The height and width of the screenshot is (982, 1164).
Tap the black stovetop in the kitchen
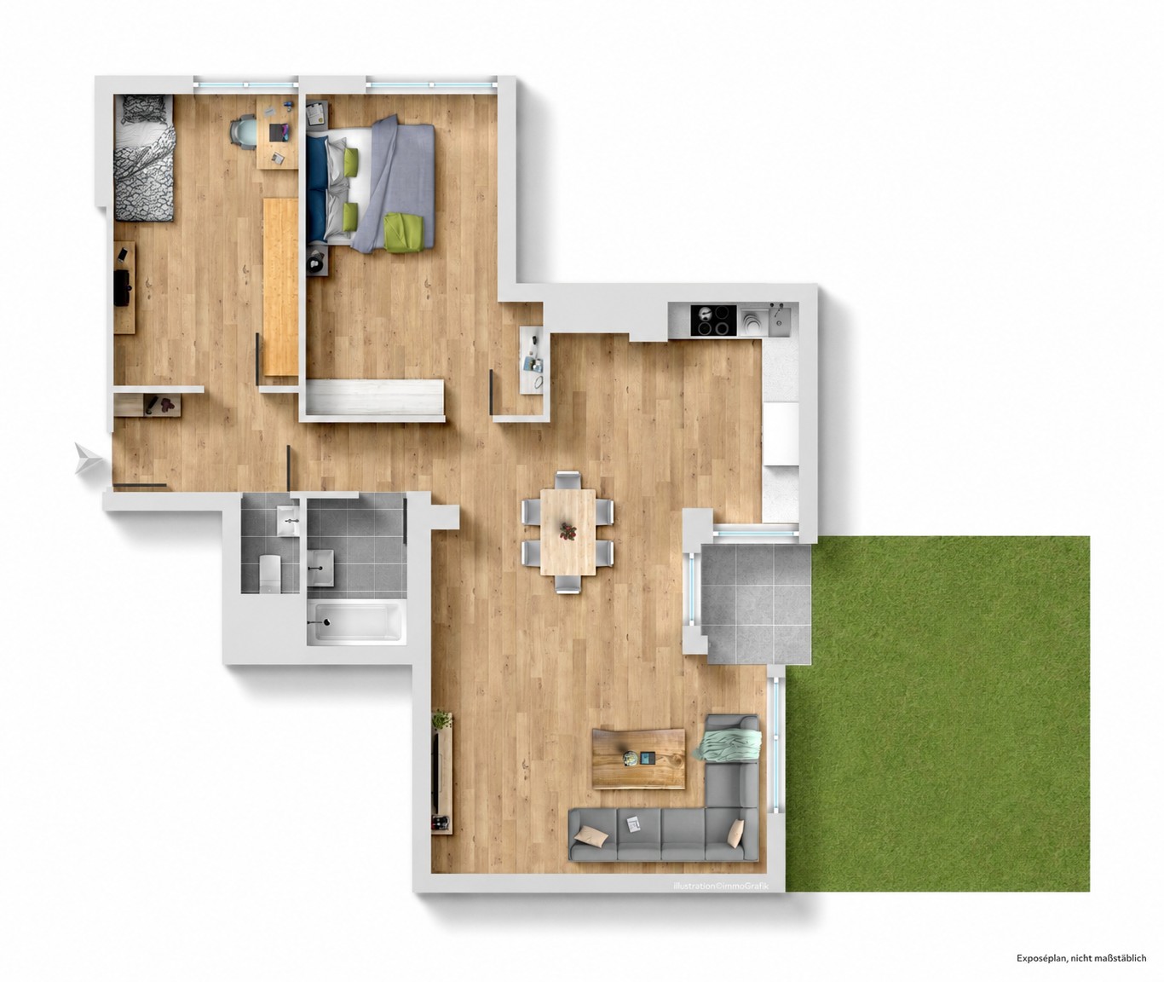713,321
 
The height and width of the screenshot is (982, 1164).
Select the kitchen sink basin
778,321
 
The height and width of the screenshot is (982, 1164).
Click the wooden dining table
568,531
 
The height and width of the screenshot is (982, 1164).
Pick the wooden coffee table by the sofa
639,759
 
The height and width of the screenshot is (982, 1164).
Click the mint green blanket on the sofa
729,744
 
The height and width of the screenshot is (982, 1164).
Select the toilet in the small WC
271,573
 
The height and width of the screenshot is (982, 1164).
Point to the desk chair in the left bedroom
245,132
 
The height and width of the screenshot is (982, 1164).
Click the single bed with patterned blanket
144,157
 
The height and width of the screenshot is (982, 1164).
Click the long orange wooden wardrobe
280,286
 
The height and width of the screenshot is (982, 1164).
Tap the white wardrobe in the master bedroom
375,397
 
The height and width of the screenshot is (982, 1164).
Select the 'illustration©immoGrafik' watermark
720,886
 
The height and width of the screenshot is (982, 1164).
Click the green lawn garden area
937,713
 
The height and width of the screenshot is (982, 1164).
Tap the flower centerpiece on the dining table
568,530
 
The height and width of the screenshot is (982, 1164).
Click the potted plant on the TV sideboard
442,720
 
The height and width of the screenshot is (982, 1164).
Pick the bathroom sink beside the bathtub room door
320,567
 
